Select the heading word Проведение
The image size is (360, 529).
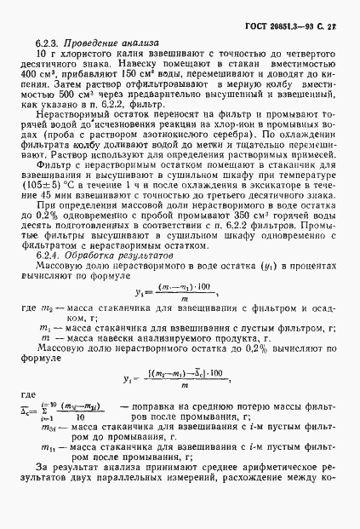92,43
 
